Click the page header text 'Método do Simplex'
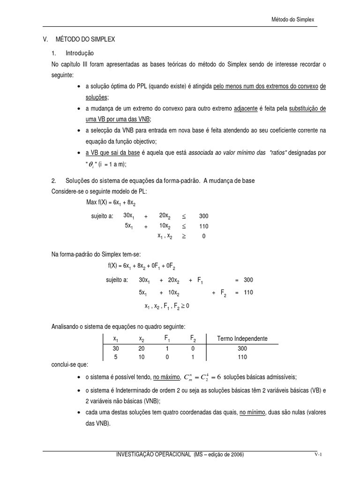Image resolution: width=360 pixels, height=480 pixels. (293, 20)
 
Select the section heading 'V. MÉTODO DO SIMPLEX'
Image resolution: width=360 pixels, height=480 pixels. (79, 40)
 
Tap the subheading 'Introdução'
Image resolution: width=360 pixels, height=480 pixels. (80, 53)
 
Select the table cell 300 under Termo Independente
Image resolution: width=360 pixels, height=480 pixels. (242, 349)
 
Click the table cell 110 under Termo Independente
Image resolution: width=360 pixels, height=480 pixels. (242, 357)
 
